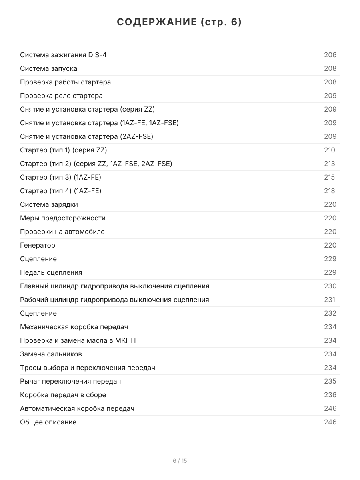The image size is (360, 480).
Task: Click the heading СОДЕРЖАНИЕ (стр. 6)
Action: [180, 22]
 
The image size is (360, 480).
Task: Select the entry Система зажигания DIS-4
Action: [63, 55]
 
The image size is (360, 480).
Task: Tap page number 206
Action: [330, 55]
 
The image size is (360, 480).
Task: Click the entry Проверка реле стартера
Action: [61, 96]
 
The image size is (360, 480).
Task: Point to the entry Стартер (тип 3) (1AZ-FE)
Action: [60, 177]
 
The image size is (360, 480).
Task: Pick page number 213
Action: [330, 164]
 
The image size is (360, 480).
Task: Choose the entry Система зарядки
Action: [49, 204]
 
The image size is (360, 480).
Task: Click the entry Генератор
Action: [38, 245]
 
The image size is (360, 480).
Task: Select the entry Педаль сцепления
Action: [51, 272]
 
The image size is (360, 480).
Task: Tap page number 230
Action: [330, 286]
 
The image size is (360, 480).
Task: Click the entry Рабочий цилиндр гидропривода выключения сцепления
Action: [114, 300]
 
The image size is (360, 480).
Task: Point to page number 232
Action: [330, 313]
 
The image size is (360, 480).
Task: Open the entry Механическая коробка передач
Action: [74, 327]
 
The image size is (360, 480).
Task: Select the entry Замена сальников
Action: [51, 354]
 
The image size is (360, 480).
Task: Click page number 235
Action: [330, 381]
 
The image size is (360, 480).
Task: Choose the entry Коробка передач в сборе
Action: [63, 395]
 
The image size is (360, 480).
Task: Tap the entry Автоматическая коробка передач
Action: [77, 408]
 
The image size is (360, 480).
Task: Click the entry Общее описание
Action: [48, 422]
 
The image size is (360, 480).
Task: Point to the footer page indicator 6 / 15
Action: [180, 461]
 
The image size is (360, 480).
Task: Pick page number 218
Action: [330, 191]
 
